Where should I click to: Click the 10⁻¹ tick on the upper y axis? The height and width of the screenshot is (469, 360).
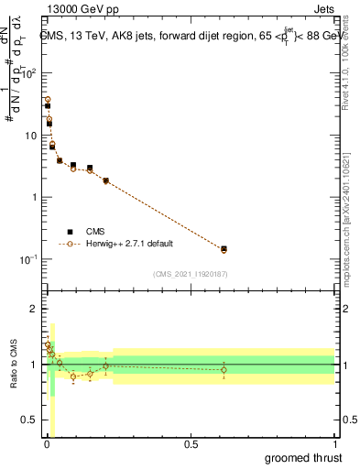pos(30,259)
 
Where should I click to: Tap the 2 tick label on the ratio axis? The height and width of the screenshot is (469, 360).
pos(35,309)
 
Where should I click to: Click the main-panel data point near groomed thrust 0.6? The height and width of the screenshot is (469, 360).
pos(224,248)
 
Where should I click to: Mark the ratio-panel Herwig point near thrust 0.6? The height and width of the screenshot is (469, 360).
pos(224,370)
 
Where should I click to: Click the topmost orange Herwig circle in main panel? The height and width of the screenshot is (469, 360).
pos(48,99)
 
